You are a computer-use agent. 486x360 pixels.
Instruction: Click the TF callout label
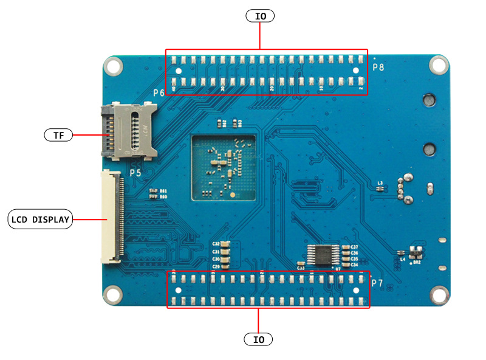tap(58, 135)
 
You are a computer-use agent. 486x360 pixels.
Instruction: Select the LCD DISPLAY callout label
tap(41, 219)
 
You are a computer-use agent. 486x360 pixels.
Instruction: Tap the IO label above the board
tap(260, 16)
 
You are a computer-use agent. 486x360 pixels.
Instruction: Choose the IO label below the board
tap(259, 339)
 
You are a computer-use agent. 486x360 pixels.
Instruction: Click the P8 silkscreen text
tap(378, 67)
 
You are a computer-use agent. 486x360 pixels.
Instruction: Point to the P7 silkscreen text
tap(377, 283)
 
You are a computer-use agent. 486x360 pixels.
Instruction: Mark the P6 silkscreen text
tap(159, 93)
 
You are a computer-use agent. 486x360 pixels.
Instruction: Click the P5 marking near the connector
tap(135, 173)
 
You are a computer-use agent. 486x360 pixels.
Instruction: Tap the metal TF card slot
tap(128, 128)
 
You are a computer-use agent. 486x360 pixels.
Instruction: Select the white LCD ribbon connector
tap(113, 216)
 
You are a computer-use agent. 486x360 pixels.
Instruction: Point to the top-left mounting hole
tap(113, 66)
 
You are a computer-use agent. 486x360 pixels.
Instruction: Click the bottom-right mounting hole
tap(438, 295)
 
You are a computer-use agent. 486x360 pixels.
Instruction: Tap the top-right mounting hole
tap(438, 65)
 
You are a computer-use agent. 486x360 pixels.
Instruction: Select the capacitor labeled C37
tap(346, 247)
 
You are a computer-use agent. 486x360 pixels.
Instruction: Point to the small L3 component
tap(380, 188)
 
